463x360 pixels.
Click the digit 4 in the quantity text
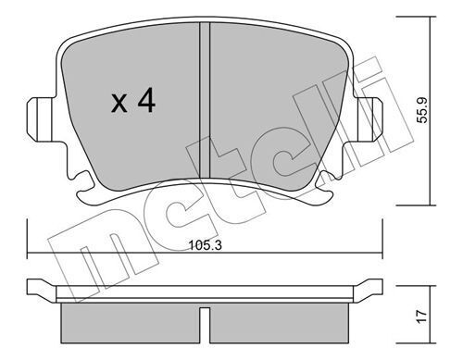144,101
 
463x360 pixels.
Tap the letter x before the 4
118,104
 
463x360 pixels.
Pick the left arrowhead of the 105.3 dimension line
32,256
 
